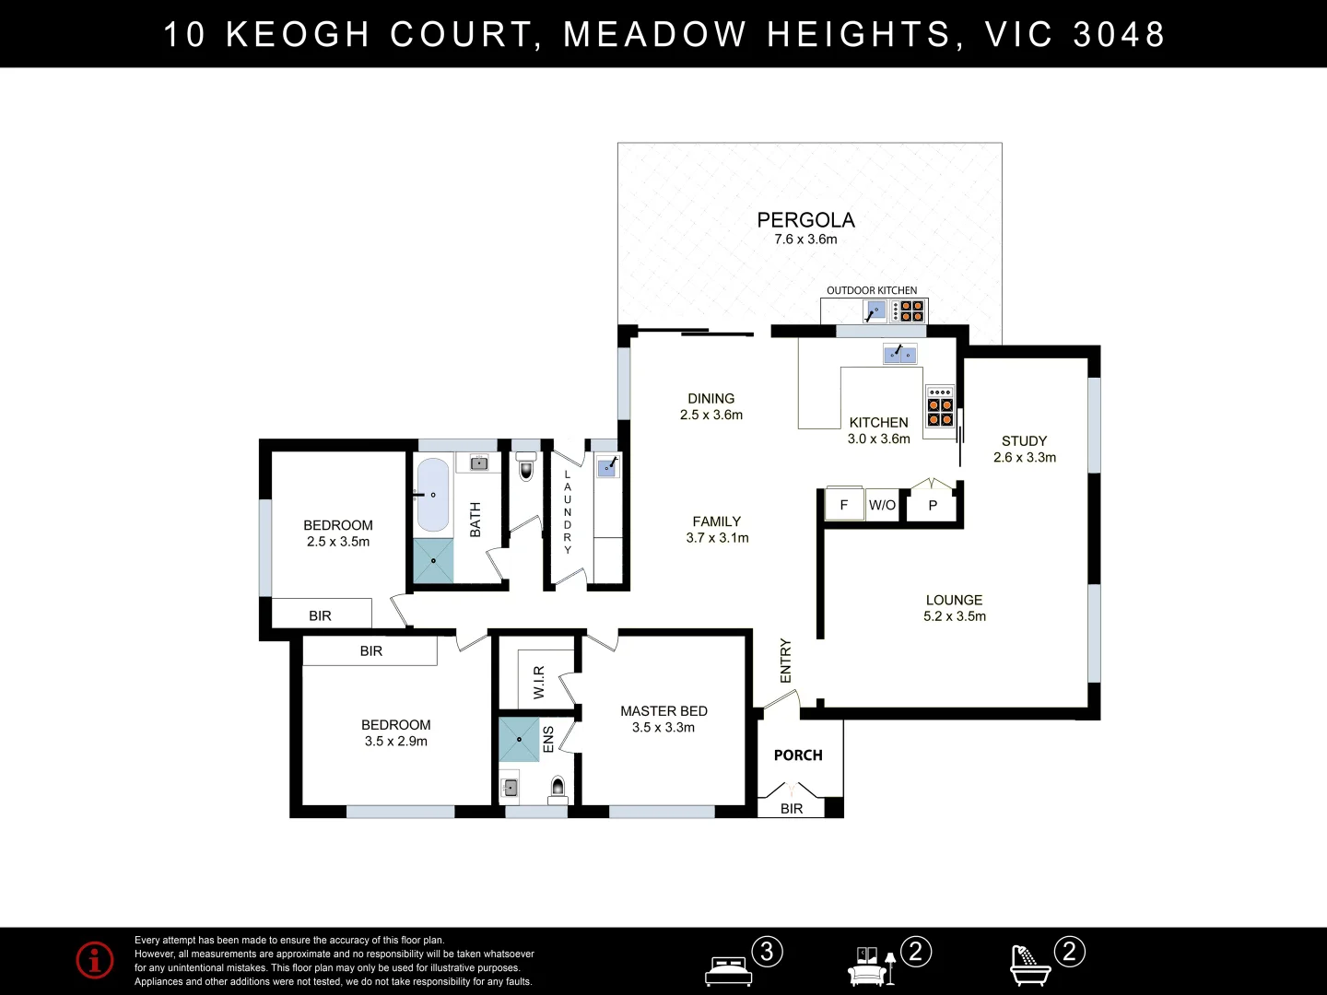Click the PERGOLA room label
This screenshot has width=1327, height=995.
tap(805, 220)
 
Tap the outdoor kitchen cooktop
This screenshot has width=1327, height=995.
tap(911, 311)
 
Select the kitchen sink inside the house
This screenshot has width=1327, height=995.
tap(899, 354)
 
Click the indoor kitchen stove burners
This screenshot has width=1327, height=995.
tap(940, 406)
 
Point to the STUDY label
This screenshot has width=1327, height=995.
tap(1024, 441)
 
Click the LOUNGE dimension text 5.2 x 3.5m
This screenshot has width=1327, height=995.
tap(954, 616)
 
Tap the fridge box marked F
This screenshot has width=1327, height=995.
tap(843, 505)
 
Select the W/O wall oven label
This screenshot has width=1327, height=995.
tap(882, 505)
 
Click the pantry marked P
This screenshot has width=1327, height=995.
tap(933, 505)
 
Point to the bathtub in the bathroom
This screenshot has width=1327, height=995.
tap(433, 496)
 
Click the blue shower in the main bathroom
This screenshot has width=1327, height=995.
tap(433, 560)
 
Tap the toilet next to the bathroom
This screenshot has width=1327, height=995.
tap(526, 467)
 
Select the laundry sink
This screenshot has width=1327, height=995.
tap(607, 467)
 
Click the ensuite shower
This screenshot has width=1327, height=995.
tap(519, 740)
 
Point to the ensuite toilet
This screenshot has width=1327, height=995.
tap(558, 787)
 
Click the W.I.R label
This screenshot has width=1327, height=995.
tap(539, 682)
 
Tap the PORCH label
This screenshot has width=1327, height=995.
tap(798, 755)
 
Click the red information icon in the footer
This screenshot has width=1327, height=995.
tap(95, 960)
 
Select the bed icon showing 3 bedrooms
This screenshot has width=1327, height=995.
tap(729, 970)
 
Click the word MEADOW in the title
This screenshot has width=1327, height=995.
tap(654, 34)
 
